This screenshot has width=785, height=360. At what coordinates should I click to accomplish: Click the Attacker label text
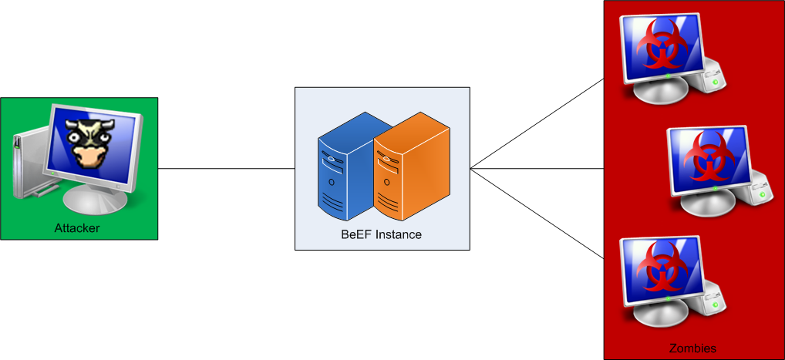(x=77, y=228)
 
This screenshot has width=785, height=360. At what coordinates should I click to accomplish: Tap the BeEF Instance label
(x=381, y=234)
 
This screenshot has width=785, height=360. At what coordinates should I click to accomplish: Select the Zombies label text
(x=692, y=348)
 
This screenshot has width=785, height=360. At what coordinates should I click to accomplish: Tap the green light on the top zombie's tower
(x=717, y=82)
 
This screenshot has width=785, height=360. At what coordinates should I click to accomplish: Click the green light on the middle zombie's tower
(x=763, y=194)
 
